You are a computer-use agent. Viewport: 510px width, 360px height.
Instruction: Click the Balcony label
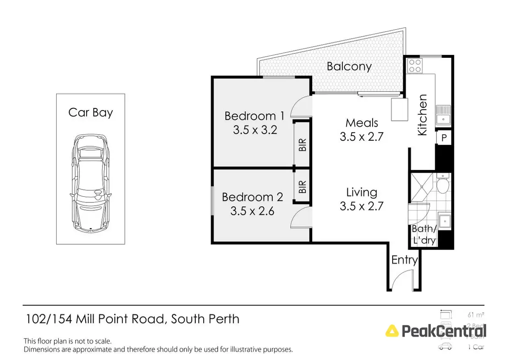click(x=349, y=66)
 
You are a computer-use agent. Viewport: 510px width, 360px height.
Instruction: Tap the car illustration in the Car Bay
click(x=91, y=184)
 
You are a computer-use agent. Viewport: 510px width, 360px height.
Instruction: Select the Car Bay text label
click(x=91, y=113)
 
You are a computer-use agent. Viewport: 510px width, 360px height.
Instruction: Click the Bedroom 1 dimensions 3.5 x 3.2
click(x=255, y=130)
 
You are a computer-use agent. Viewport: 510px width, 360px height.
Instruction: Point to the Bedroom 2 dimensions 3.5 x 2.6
click(x=252, y=211)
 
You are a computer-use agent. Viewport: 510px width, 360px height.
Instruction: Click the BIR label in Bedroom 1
click(x=302, y=145)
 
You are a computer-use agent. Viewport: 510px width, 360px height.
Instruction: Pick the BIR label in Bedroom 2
click(x=302, y=187)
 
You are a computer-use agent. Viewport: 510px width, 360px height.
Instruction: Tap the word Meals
click(x=362, y=123)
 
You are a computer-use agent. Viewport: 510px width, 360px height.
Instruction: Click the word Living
click(x=362, y=193)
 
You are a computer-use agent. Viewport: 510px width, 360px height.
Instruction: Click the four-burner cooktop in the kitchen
click(x=414, y=66)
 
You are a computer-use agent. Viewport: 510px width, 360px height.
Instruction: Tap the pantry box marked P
click(x=444, y=138)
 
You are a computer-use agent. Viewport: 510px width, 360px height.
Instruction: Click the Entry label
click(x=404, y=260)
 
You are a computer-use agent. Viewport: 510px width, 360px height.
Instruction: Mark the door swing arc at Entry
click(x=399, y=283)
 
